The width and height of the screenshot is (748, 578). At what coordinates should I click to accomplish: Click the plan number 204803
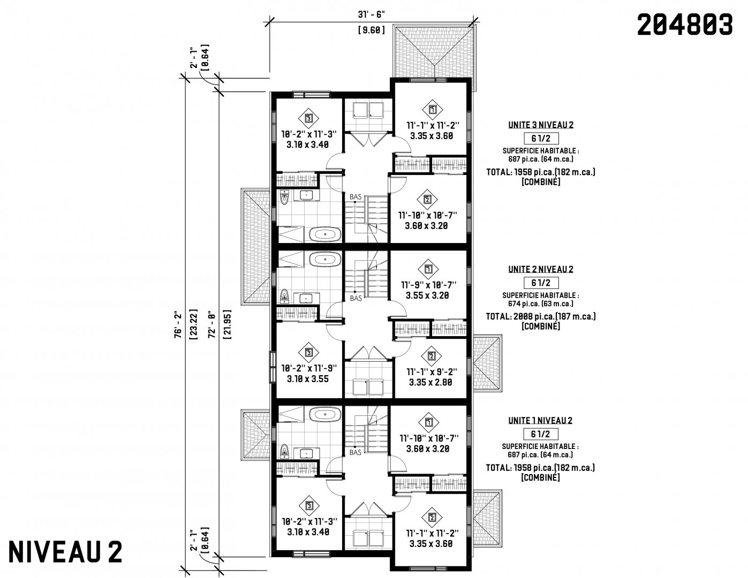coord(685,25)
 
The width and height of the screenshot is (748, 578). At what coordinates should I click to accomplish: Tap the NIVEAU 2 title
coord(65,552)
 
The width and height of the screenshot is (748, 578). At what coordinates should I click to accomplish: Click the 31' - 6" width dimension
coord(371,14)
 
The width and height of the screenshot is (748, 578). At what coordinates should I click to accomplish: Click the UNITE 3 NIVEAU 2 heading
coord(541,125)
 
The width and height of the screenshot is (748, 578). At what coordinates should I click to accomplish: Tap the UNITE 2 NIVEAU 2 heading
coord(541,269)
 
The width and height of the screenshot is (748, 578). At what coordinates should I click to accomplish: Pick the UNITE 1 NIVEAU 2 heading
coord(540,421)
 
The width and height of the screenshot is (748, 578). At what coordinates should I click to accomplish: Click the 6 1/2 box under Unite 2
coord(541,283)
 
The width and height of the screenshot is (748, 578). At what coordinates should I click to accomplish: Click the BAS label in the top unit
coord(356,197)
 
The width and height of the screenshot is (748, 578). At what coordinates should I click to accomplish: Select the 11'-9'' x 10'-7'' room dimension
coord(428,285)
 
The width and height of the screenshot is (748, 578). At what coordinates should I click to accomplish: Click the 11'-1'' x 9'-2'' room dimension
coord(432,372)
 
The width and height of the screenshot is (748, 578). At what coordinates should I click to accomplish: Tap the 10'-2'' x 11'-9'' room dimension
coord(309,368)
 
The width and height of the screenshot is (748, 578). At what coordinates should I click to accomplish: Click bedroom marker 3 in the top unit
coord(309,118)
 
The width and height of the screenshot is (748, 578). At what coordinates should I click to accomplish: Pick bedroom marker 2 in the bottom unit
coord(432,518)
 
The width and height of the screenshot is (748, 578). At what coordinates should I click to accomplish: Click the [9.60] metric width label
coord(372,31)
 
